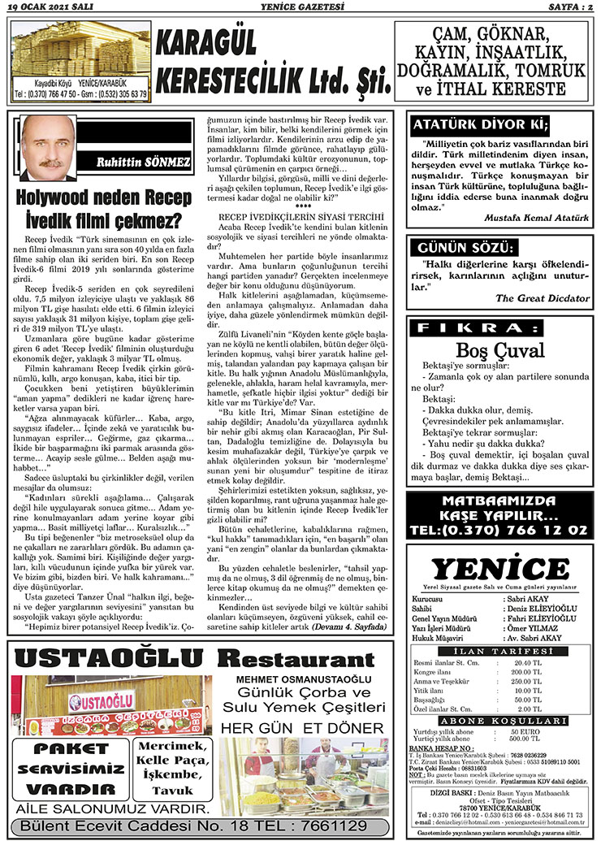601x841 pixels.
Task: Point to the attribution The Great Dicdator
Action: tap(542, 298)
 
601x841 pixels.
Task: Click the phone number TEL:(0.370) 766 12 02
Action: tap(499, 529)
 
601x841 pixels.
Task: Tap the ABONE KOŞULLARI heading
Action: tap(498, 719)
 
